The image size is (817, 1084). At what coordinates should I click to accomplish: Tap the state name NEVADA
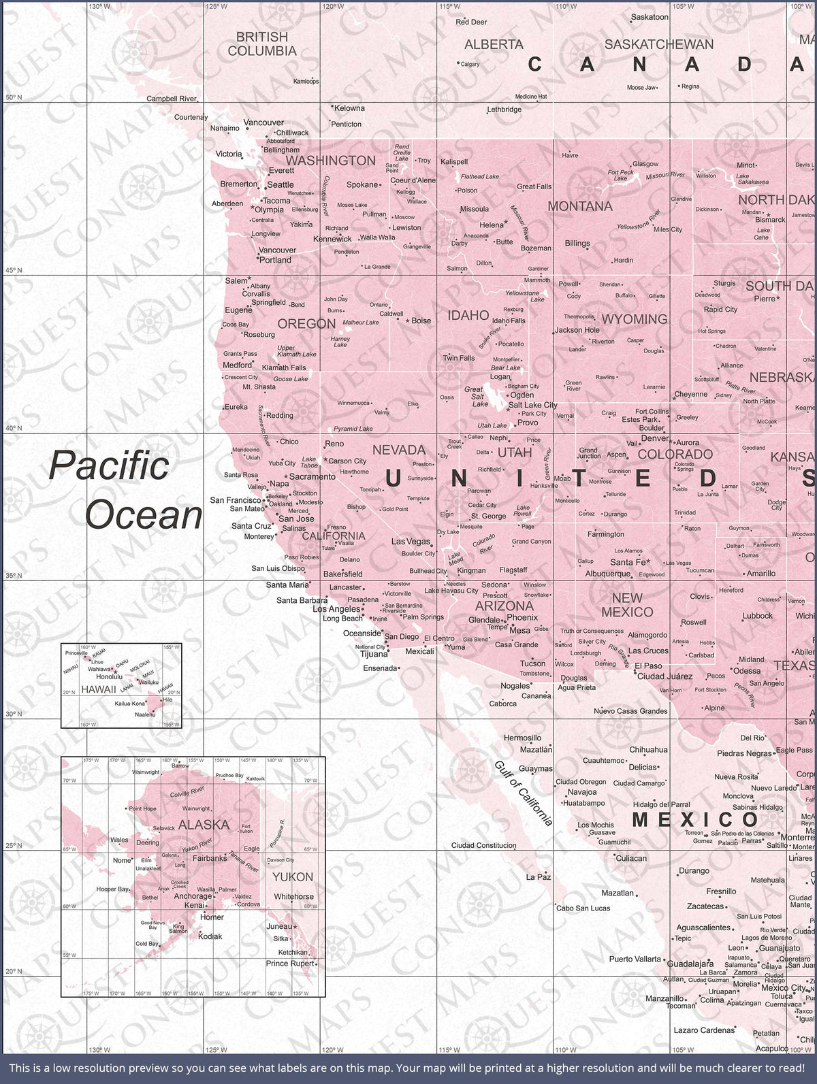point(399,450)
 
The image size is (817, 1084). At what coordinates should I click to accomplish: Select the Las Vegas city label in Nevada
point(411,542)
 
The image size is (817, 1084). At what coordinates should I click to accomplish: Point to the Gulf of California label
point(523,793)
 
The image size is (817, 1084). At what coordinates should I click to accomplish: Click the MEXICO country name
point(695,819)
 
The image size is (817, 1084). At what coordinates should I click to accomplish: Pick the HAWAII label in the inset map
point(99,689)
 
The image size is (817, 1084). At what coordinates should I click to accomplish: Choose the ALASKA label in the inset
point(204,825)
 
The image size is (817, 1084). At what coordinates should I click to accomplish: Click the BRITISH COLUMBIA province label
point(262,44)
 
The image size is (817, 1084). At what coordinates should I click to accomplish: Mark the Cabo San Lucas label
point(583,908)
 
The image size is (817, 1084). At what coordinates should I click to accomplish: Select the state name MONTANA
point(580,206)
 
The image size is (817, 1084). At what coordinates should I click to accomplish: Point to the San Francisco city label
point(236,500)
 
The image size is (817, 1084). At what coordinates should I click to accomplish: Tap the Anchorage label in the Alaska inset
point(193,896)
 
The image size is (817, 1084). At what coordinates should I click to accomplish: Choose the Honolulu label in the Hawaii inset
point(109,677)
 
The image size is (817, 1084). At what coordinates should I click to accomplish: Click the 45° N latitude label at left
point(14,270)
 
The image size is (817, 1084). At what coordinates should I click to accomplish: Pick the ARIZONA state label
point(504,606)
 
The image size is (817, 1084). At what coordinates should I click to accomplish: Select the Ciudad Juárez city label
point(664,676)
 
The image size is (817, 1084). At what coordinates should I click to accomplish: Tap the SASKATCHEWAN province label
point(658,44)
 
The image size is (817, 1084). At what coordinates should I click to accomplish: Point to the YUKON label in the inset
point(293,877)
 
